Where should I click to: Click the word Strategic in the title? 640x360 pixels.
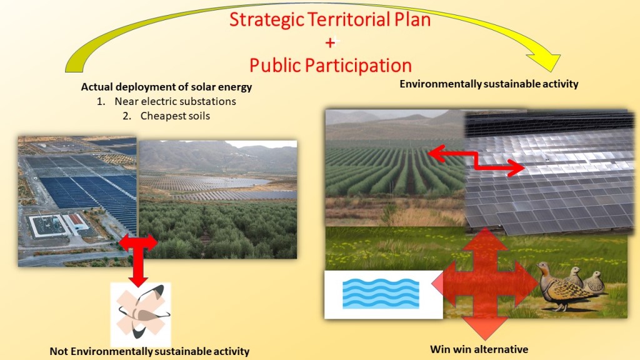coord(266,20)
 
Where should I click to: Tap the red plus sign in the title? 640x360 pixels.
coord(330,42)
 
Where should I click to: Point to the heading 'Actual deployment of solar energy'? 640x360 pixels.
coord(166,87)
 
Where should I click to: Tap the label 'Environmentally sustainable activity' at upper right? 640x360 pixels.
coord(489,84)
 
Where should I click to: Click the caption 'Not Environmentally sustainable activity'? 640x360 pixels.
coord(149,351)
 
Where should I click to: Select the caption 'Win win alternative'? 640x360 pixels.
coord(479,349)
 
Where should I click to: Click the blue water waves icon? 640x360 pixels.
coord(381,293)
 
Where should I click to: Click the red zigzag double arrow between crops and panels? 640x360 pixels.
coord(476,161)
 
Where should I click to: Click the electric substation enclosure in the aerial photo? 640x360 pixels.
coord(48,226)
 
